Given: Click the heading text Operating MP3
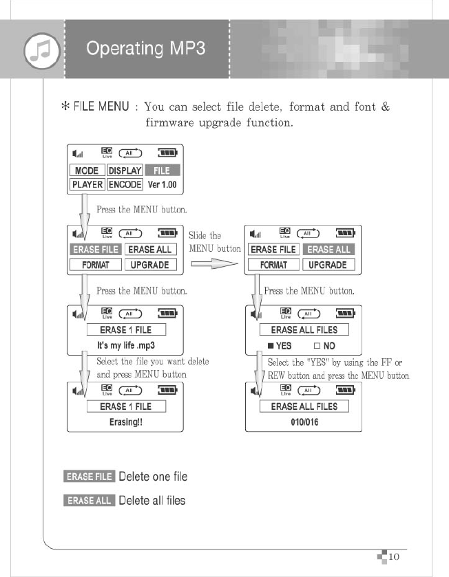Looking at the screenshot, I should (146, 50).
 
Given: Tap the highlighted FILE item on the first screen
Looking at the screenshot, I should (161, 171).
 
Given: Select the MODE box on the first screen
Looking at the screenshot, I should (87, 171).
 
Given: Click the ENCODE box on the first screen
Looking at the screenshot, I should (125, 184).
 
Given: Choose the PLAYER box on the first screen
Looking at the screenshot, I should (87, 184).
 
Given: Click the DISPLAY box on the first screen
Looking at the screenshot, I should (125, 171).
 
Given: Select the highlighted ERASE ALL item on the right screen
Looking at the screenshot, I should (329, 250).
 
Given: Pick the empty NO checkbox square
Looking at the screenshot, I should (317, 346).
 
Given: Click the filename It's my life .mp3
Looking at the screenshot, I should (125, 346).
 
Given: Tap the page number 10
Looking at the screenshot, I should (395, 556).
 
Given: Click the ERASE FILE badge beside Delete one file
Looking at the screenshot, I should (89, 477).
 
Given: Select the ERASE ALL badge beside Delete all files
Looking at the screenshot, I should (89, 501).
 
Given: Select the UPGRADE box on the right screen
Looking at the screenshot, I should (328, 265).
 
